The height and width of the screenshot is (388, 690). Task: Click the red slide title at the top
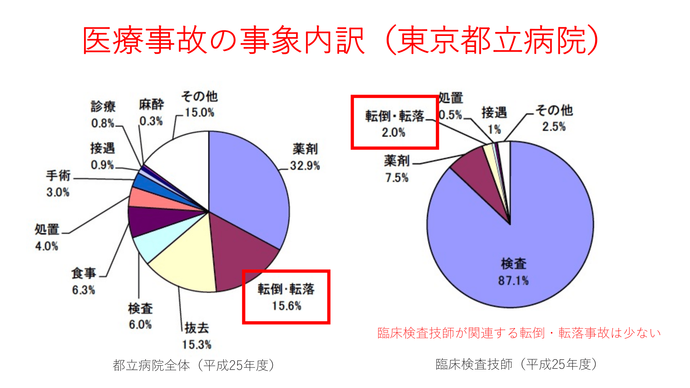click(x=341, y=40)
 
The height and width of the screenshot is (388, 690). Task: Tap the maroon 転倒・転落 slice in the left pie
click(x=241, y=251)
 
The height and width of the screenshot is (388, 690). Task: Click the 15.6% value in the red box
click(x=286, y=306)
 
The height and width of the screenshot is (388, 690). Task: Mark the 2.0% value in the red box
click(x=393, y=133)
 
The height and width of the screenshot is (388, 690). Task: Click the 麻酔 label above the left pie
click(x=151, y=105)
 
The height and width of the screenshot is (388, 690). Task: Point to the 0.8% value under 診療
click(x=102, y=123)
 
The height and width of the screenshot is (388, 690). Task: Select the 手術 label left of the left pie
click(x=58, y=176)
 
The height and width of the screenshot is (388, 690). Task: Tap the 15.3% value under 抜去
click(x=197, y=345)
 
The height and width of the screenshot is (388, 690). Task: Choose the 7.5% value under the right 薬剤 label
click(x=397, y=177)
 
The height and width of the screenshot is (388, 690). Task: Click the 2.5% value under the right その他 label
click(x=554, y=127)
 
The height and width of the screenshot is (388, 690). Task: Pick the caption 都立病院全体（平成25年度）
click(x=194, y=365)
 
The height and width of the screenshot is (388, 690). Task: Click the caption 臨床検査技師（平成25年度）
click(x=517, y=364)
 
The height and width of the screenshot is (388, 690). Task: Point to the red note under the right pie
click(x=519, y=333)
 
